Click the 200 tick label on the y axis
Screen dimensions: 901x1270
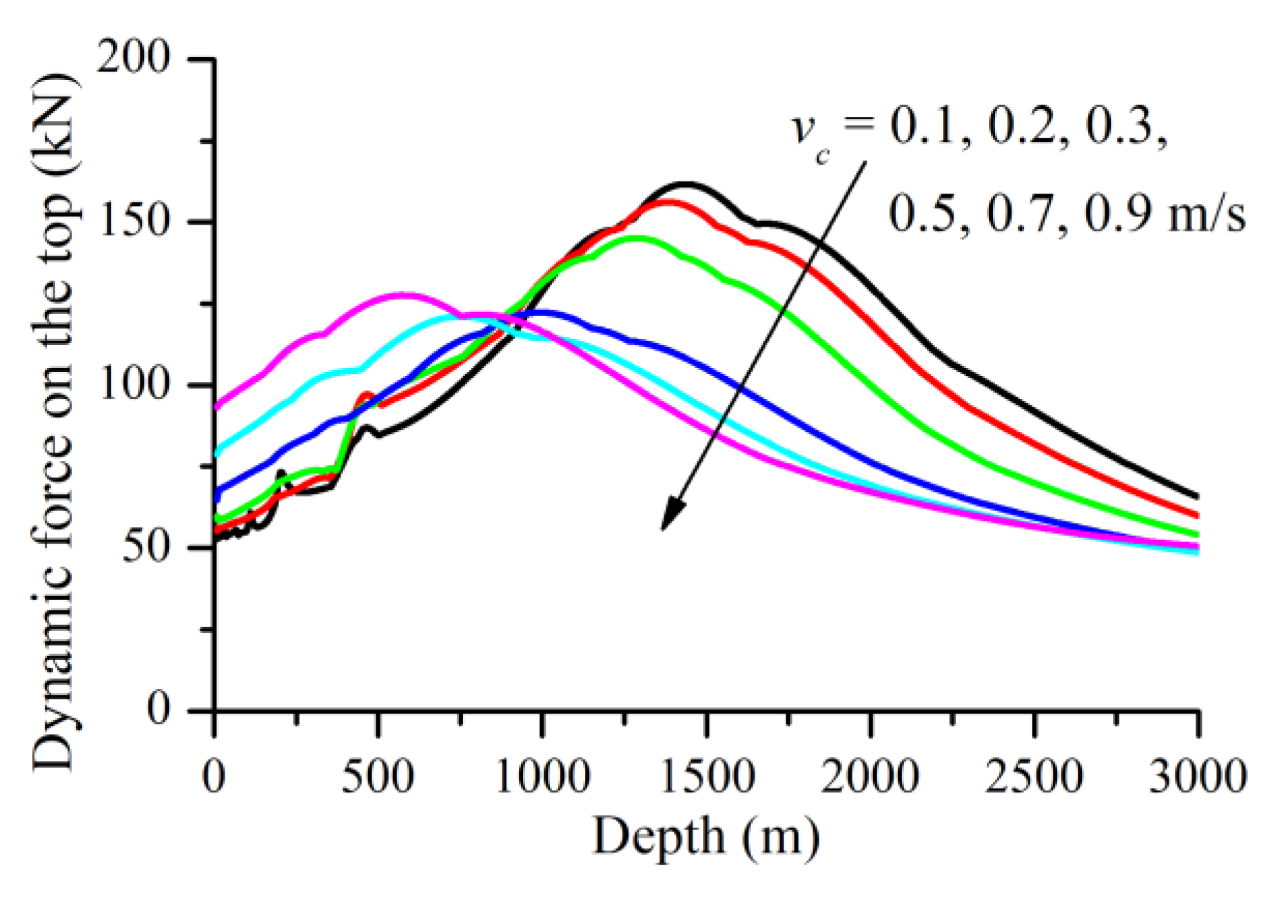(133, 57)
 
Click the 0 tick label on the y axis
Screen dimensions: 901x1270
(158, 710)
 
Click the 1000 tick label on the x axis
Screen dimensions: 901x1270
(542, 777)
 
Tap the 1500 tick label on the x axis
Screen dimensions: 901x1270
(706, 777)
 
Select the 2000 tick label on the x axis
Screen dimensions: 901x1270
(870, 777)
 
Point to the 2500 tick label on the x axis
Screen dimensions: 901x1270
(1034, 777)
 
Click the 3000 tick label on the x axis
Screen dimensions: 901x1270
(1198, 777)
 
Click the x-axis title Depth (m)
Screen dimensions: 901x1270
(706, 838)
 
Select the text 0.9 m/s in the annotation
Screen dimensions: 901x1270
(1165, 214)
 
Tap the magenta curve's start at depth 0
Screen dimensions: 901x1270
(218, 407)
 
